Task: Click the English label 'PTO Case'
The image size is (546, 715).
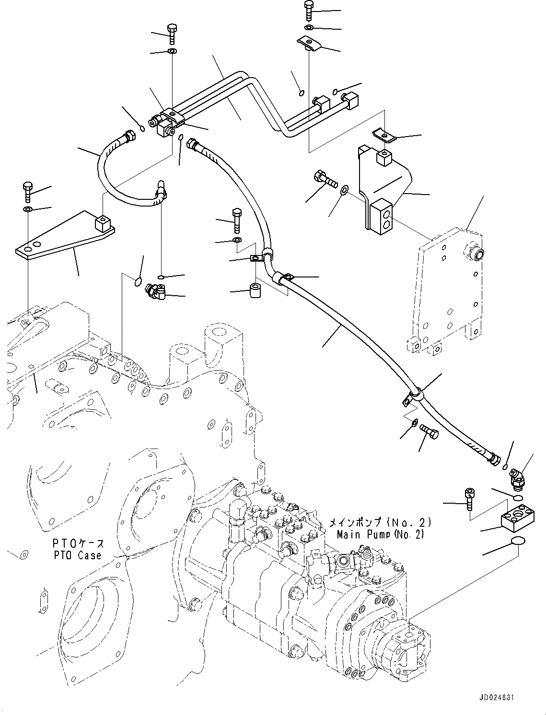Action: coord(77,555)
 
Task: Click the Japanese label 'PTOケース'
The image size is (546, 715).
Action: coord(78,544)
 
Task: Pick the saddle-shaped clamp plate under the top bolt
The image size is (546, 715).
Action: coord(310,44)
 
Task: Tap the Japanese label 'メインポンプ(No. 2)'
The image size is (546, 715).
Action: coord(380,522)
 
